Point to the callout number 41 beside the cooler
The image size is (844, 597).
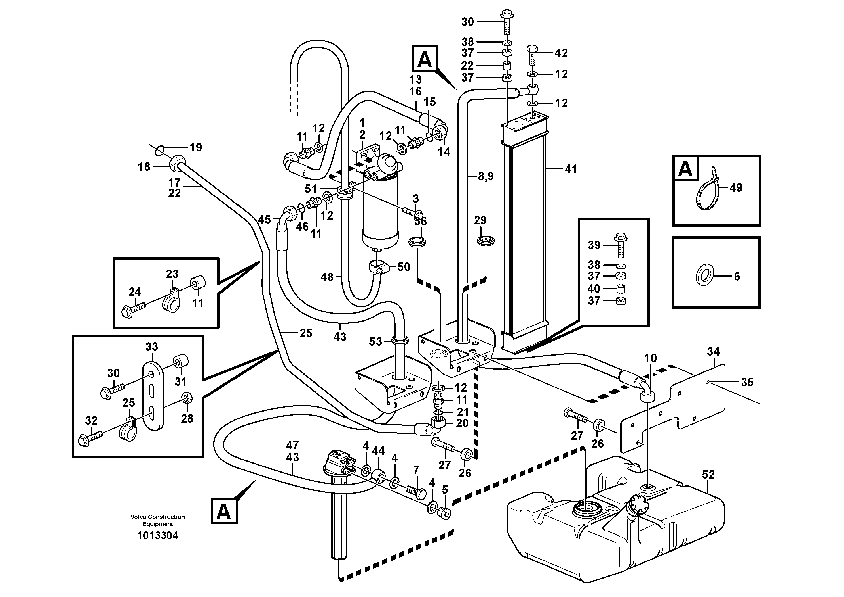[571, 169]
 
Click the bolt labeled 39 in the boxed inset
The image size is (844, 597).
[621, 245]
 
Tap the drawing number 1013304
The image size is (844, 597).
[157, 536]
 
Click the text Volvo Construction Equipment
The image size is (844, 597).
[157, 520]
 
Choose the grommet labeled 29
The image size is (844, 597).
[486, 241]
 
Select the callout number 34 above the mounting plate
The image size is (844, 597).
[713, 352]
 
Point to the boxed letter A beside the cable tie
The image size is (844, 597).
[685, 169]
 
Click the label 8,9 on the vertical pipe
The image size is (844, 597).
[486, 177]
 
